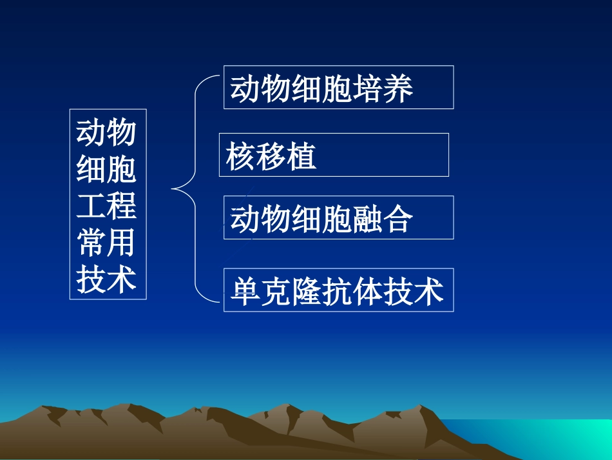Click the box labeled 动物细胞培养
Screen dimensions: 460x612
coord(338,87)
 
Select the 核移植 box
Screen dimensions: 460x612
coord(334,155)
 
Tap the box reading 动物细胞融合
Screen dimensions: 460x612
coord(338,217)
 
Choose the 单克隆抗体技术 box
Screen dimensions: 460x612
coord(338,290)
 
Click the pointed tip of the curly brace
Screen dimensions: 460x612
coord(173,189)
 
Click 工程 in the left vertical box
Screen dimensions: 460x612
coord(107,206)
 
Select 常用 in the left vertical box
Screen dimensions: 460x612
coord(107,243)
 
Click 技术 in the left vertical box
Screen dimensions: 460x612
coord(107,279)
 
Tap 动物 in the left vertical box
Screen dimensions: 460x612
coord(107,133)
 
